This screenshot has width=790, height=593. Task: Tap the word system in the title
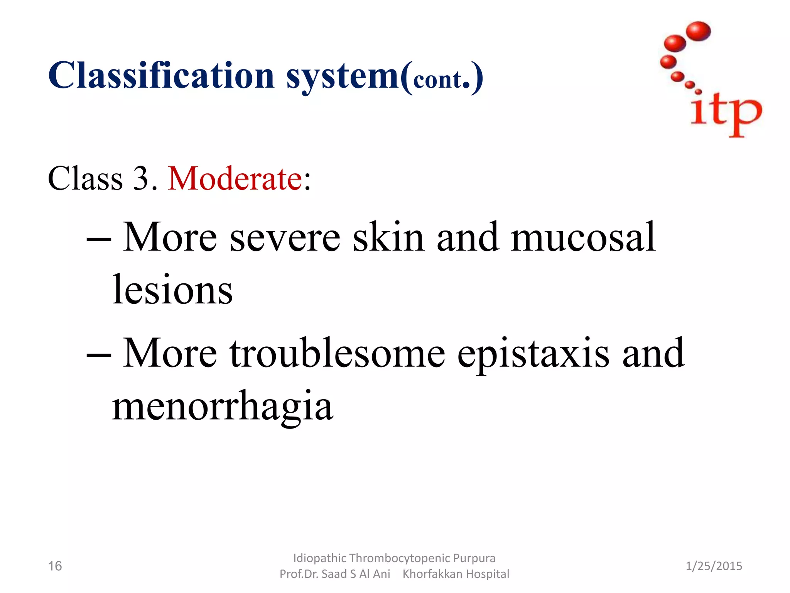(x=343, y=77)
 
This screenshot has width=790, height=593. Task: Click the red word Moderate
(x=235, y=179)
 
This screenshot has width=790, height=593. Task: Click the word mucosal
(x=582, y=237)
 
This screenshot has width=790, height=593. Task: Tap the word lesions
(x=172, y=290)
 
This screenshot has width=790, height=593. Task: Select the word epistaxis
(x=533, y=353)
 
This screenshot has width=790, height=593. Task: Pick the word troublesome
(x=338, y=353)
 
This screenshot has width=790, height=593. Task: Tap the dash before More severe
(x=99, y=239)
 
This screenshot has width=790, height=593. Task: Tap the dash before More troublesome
(x=99, y=355)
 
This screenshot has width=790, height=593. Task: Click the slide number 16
(x=55, y=566)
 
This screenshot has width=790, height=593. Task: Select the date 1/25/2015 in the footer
(x=714, y=566)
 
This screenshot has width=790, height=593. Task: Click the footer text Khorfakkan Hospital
(x=456, y=574)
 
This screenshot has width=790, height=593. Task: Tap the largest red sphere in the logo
(x=699, y=31)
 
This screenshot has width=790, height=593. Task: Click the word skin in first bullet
(x=388, y=237)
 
